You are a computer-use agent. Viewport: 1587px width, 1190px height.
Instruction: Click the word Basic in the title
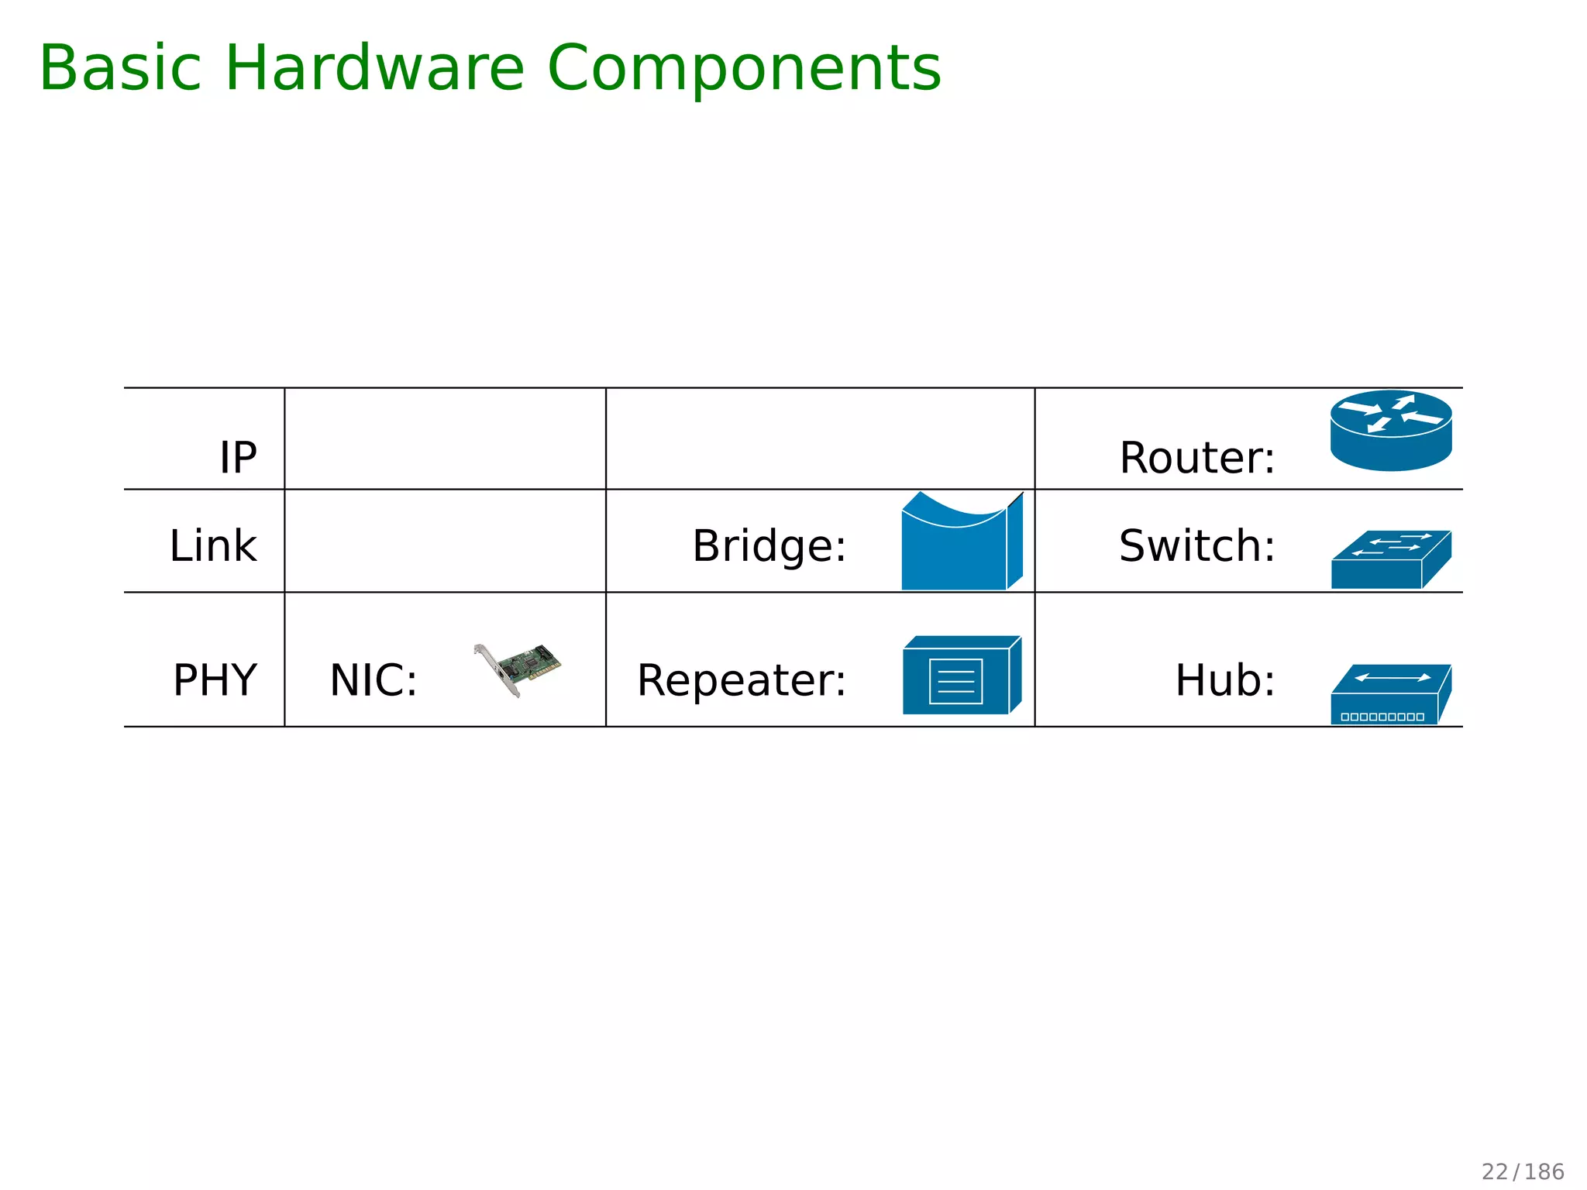click(x=120, y=68)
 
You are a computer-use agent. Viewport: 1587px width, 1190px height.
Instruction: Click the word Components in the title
click(x=744, y=68)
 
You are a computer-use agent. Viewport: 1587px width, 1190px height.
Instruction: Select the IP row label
click(x=238, y=457)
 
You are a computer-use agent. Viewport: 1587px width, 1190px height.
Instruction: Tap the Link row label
click(x=213, y=545)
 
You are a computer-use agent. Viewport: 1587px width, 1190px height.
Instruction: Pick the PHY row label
click(x=215, y=680)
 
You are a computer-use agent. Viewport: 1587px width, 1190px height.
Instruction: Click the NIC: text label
click(x=374, y=680)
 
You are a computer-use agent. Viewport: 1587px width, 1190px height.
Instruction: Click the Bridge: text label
click(x=769, y=545)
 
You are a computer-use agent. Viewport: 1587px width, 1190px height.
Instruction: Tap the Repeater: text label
click(x=742, y=680)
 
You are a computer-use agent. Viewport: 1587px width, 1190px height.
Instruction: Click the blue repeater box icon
click(x=961, y=676)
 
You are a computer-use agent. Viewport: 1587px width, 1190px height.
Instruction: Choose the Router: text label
click(x=1197, y=457)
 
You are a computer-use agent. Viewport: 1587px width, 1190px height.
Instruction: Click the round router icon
click(x=1391, y=431)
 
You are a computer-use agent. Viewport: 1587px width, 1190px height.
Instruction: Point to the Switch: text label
click(x=1197, y=545)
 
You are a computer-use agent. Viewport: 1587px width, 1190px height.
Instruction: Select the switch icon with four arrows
click(x=1391, y=559)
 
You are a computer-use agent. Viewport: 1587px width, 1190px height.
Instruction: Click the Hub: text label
click(x=1225, y=680)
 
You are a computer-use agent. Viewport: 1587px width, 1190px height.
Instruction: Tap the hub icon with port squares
click(x=1390, y=696)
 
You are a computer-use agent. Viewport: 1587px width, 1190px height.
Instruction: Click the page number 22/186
click(x=1523, y=1171)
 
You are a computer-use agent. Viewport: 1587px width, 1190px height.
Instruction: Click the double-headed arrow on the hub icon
click(x=1392, y=678)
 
